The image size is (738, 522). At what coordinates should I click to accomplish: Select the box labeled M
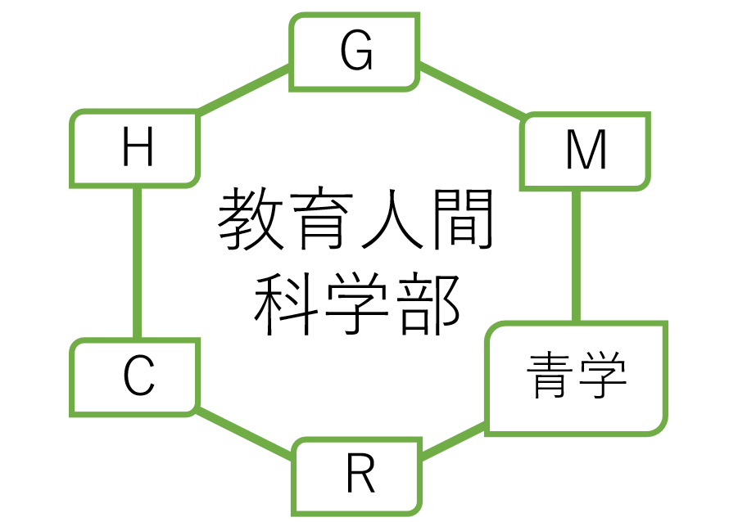coord(586,151)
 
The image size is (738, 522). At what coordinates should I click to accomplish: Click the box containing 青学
coord(577,377)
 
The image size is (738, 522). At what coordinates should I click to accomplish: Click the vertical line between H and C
coord(137,262)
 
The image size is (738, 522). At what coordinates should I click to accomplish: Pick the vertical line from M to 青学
coord(576,255)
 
